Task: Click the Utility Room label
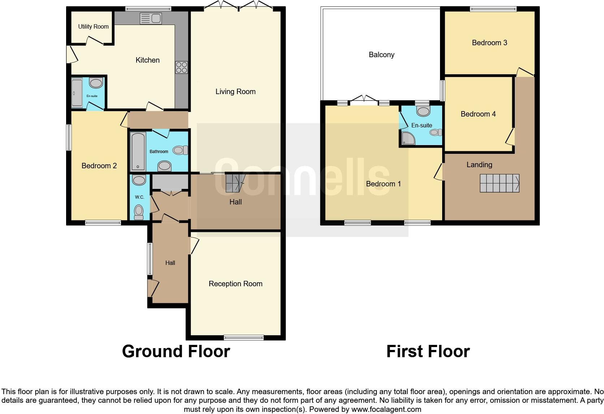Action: pyautogui.click(x=93, y=26)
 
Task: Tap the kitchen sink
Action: pyautogui.click(x=151, y=18)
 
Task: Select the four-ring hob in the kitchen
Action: pyautogui.click(x=181, y=67)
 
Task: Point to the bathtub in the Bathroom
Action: pyautogui.click(x=138, y=151)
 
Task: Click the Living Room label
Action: pyautogui.click(x=235, y=92)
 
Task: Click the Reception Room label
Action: pyautogui.click(x=235, y=284)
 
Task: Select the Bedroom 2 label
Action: pyautogui.click(x=99, y=166)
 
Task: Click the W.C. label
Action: pyautogui.click(x=139, y=197)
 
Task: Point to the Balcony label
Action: pyautogui.click(x=381, y=55)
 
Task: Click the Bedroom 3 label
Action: pyautogui.click(x=489, y=43)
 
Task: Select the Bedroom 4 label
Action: pyautogui.click(x=478, y=114)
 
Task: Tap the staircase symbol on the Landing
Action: pyautogui.click(x=499, y=183)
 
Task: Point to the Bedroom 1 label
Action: pyautogui.click(x=383, y=184)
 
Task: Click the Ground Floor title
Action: pyautogui.click(x=176, y=351)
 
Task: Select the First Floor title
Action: pyautogui.click(x=428, y=351)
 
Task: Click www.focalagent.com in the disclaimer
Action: pyautogui.click(x=386, y=409)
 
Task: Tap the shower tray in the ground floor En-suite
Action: pyautogui.click(x=77, y=93)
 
